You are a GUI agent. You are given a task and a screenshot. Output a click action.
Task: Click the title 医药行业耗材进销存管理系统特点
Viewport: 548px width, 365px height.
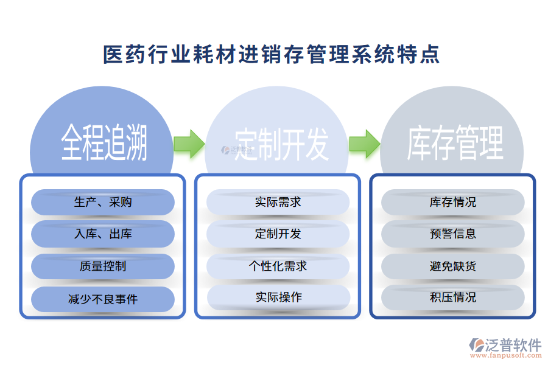pyautogui.click(x=272, y=55)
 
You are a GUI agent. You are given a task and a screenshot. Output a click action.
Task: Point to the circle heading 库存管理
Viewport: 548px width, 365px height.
pyautogui.click(x=455, y=144)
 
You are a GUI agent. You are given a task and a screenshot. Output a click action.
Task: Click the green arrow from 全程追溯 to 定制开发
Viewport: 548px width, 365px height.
pyautogui.click(x=189, y=144)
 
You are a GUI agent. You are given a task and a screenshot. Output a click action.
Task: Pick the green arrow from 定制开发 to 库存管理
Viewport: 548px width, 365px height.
pyautogui.click(x=364, y=144)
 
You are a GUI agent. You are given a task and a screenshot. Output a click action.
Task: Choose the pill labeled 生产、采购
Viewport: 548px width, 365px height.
pyautogui.click(x=103, y=202)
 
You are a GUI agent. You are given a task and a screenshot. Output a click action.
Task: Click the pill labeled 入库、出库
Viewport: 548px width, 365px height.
pyautogui.click(x=103, y=234)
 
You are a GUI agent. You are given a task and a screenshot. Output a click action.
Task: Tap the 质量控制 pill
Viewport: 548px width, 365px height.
pyautogui.click(x=103, y=266)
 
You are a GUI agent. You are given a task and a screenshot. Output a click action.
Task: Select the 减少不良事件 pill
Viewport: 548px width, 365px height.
pyautogui.click(x=103, y=299)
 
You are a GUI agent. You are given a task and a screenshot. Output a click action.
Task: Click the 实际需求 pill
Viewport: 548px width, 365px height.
pyautogui.click(x=278, y=202)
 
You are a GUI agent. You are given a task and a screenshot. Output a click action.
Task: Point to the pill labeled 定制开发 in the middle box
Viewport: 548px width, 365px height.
pyautogui.click(x=278, y=234)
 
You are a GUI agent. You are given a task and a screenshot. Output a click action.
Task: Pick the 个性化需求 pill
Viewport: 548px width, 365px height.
pyautogui.click(x=278, y=266)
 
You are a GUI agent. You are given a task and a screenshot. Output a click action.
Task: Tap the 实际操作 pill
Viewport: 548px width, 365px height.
pyautogui.click(x=278, y=297)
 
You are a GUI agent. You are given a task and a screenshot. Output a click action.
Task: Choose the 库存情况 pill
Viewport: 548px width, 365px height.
pyautogui.click(x=453, y=202)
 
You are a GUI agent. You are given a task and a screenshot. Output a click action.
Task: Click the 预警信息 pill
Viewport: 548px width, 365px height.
pyautogui.click(x=453, y=234)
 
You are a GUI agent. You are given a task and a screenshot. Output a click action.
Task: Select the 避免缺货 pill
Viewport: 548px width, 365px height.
pyautogui.click(x=453, y=266)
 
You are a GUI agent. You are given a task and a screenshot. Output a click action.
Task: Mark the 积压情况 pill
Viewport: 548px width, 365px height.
pyautogui.click(x=453, y=297)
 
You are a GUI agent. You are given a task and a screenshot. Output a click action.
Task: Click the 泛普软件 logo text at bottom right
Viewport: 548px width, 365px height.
pyautogui.click(x=513, y=345)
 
